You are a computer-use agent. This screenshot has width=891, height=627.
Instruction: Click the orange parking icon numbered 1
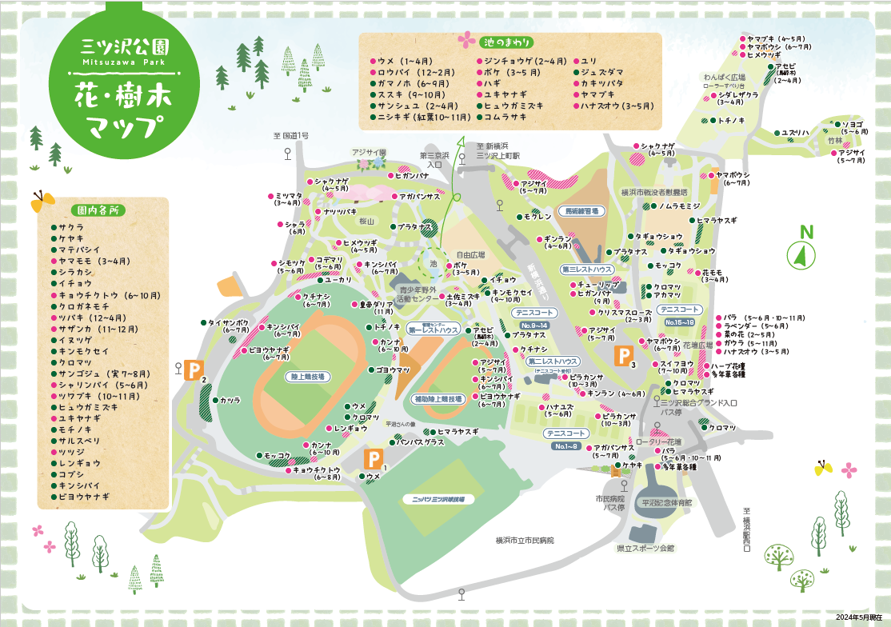click(373, 459)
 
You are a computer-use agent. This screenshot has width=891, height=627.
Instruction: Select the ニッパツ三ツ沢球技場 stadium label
click(433, 498)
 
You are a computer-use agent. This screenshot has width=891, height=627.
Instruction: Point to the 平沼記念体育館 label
click(667, 503)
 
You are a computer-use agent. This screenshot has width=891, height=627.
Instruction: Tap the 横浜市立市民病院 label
click(524, 541)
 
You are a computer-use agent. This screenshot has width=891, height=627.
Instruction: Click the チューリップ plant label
click(595, 284)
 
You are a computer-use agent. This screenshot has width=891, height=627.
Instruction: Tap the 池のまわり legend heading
click(508, 42)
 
